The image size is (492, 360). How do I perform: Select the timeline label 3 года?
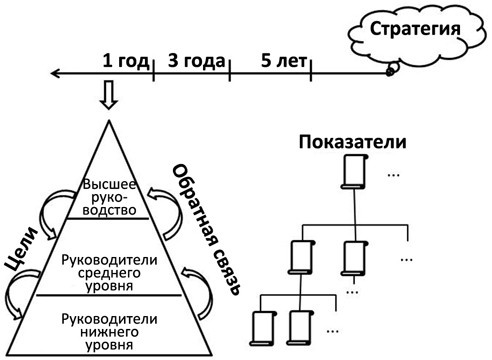coord(191,59)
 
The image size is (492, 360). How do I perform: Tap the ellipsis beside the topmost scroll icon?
coord(393,176)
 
